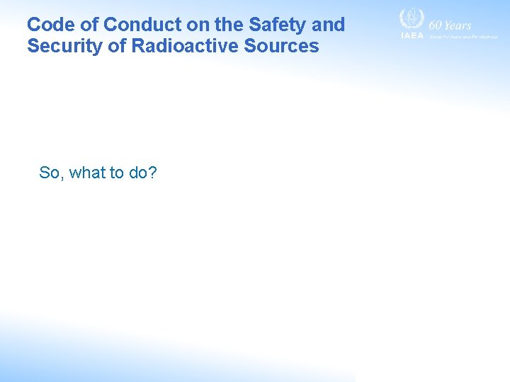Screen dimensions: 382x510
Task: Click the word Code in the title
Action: (x=50, y=25)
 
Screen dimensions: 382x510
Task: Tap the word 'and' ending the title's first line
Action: (x=329, y=25)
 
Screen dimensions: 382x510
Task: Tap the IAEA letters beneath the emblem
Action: (x=412, y=35)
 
